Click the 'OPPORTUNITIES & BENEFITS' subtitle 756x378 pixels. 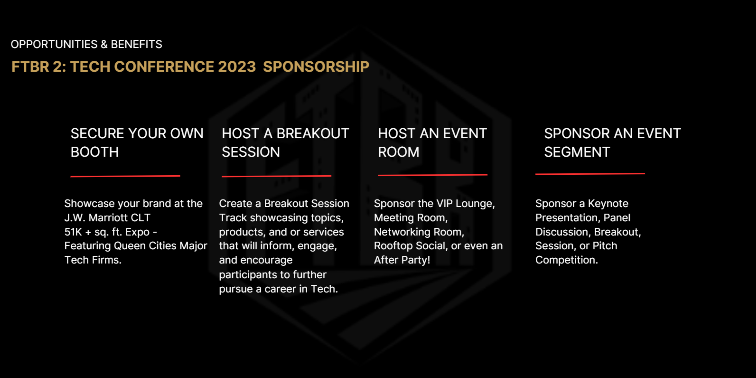click(86, 44)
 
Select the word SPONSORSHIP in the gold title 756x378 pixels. click(316, 66)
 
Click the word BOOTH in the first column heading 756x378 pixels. click(94, 152)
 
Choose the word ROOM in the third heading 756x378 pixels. click(398, 152)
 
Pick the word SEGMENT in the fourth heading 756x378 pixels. click(577, 152)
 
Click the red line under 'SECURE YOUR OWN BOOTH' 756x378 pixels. click(125, 176)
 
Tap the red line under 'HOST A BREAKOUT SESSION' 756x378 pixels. click(276, 176)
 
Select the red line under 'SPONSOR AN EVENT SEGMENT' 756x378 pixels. click(590, 174)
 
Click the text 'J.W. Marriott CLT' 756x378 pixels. click(107, 218)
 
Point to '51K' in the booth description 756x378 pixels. click(73, 232)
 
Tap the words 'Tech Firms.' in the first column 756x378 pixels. click(93, 260)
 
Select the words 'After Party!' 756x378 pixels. click(402, 260)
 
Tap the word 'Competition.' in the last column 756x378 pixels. click(566, 260)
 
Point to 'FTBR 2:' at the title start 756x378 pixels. click(39, 66)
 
